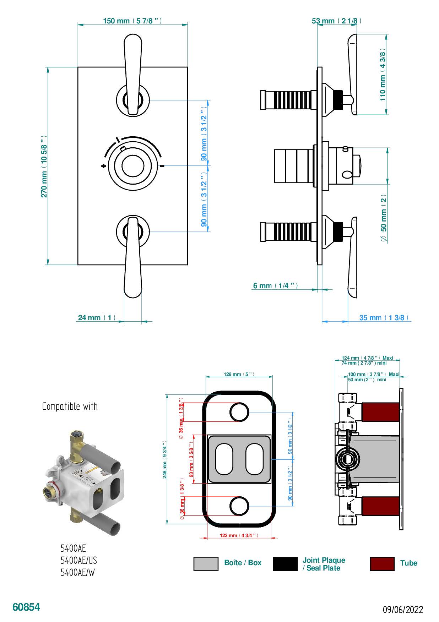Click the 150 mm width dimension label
(x=132, y=21)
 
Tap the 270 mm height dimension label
(x=44, y=166)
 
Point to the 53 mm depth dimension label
(x=336, y=21)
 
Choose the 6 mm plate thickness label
(x=275, y=285)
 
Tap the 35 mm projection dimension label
(x=384, y=317)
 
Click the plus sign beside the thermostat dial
(x=103, y=166)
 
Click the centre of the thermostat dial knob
(x=132, y=166)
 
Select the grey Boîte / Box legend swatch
(x=206, y=563)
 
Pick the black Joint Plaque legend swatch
(x=285, y=563)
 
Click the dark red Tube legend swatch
(x=382, y=563)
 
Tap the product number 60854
(x=26, y=607)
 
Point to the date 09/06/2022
(x=403, y=610)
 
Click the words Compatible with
(x=70, y=406)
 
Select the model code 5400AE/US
(x=78, y=560)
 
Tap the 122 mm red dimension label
(x=239, y=535)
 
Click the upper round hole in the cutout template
(x=239, y=412)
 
